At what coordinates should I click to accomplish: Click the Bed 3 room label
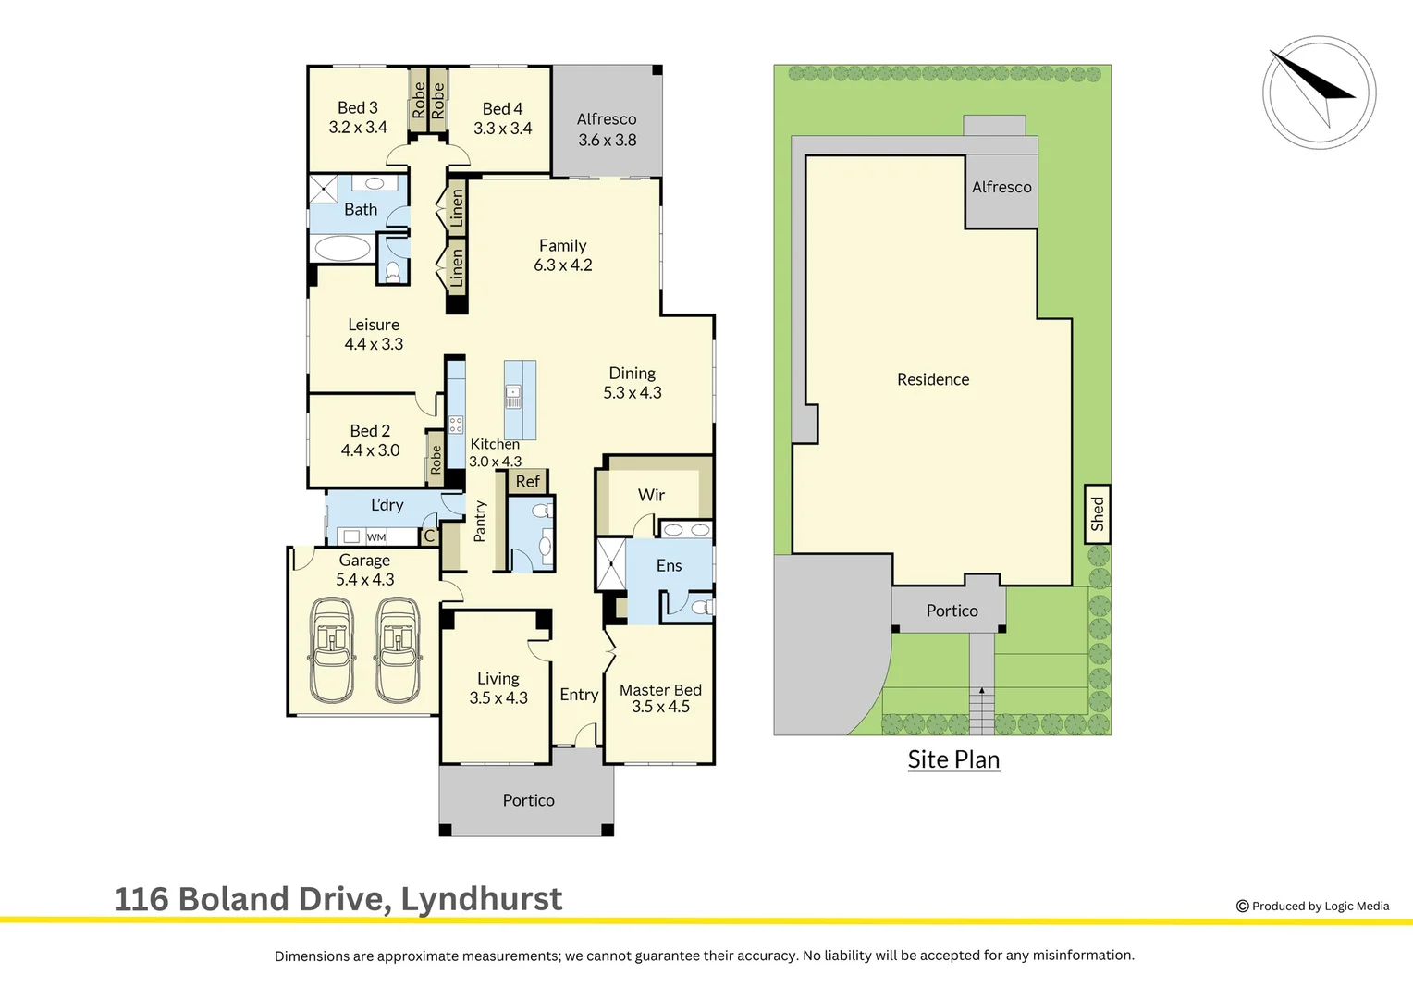point(357,108)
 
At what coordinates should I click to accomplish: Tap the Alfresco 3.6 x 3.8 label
point(607,129)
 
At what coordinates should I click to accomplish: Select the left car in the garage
point(331,649)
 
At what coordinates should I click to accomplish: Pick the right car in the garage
point(398,649)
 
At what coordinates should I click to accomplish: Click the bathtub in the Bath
point(342,248)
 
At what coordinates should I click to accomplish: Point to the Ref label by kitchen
point(528,482)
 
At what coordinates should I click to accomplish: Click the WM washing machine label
point(376,537)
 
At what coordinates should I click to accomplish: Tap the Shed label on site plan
point(1098,513)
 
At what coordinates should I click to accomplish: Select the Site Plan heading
point(953,759)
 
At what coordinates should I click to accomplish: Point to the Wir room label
point(651,495)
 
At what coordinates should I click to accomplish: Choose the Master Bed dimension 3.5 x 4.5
point(660,707)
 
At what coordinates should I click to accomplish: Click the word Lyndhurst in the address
point(481,899)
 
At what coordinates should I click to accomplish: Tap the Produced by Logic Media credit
point(1313,906)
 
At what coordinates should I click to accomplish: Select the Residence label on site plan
point(933,379)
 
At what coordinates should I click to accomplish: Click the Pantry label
point(479,521)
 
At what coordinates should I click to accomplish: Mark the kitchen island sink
point(513,397)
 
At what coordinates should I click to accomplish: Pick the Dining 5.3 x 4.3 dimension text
point(633,393)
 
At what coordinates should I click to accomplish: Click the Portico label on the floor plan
point(528,800)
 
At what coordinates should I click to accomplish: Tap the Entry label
point(579,695)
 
